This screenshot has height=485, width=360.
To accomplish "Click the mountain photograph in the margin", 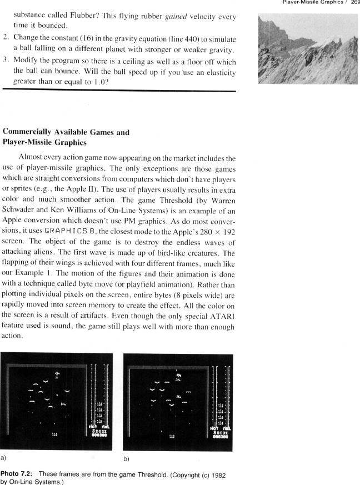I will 308,49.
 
